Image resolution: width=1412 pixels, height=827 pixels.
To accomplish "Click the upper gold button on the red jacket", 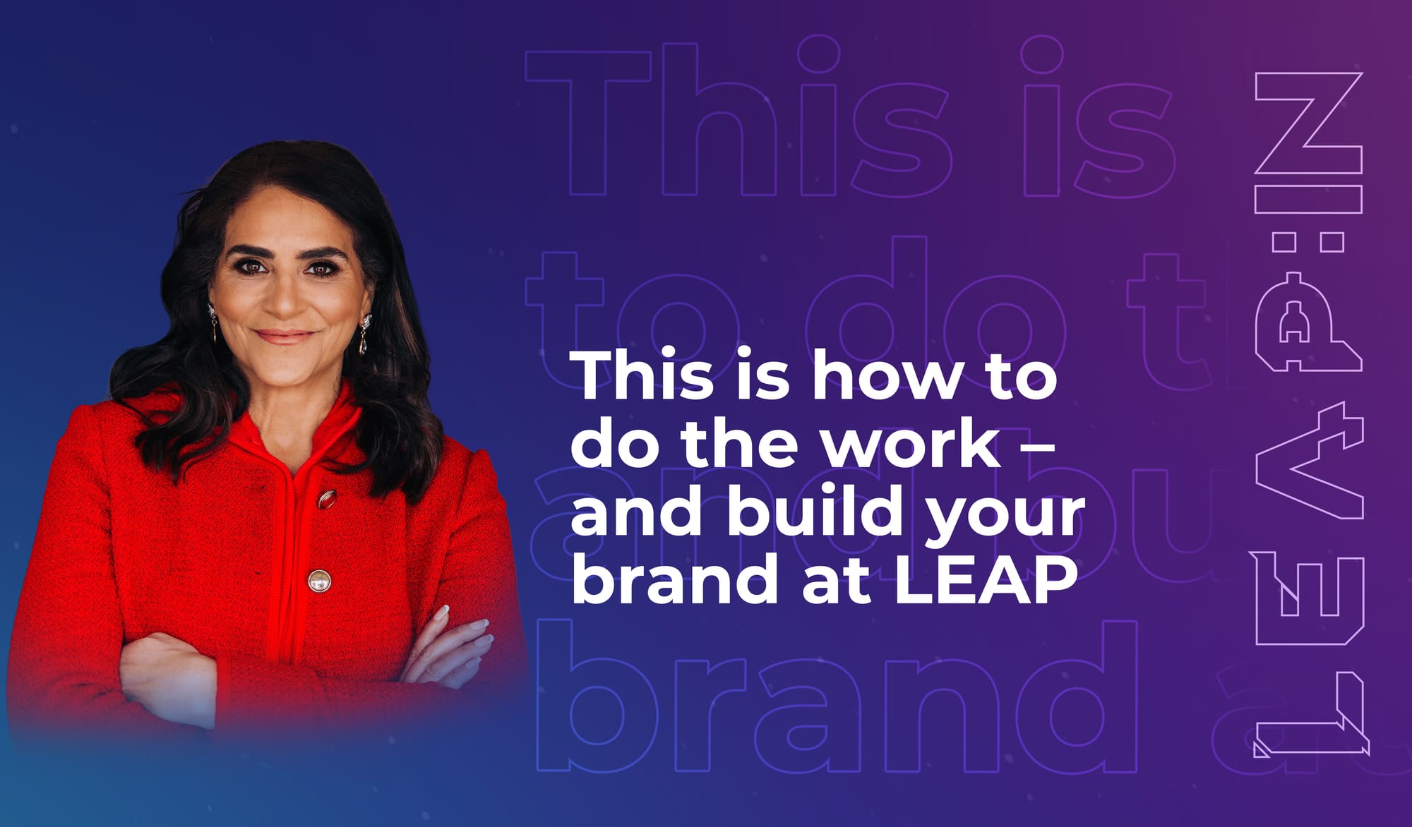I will [325, 499].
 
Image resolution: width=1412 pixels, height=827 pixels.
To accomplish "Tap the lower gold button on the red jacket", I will [319, 581].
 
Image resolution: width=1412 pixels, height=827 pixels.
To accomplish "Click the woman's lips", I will [284, 337].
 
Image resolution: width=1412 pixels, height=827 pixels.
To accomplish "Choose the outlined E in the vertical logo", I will [1309, 596].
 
